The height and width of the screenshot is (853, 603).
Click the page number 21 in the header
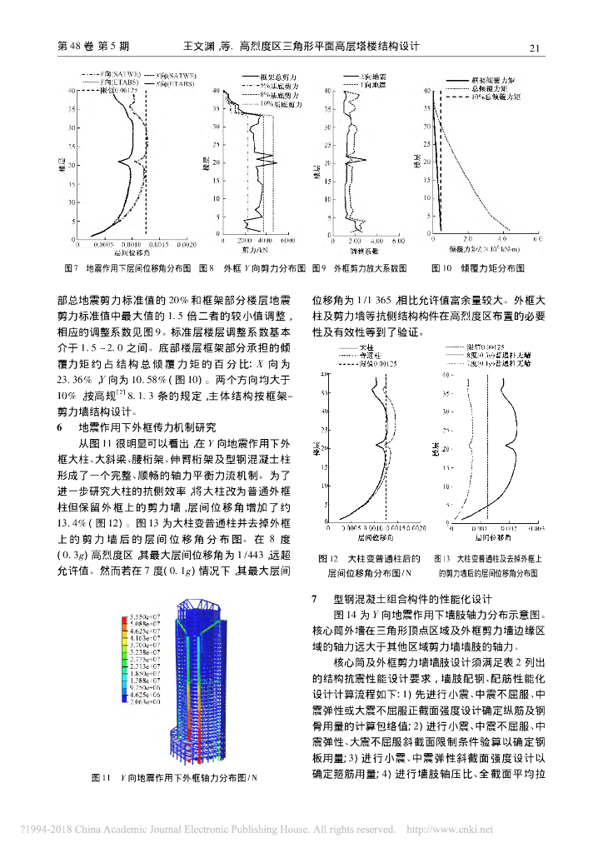pyautogui.click(x=536, y=47)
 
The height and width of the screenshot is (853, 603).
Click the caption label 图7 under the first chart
pyautogui.click(x=71, y=268)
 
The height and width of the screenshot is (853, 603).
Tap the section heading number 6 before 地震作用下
pyautogui.click(x=59, y=426)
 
